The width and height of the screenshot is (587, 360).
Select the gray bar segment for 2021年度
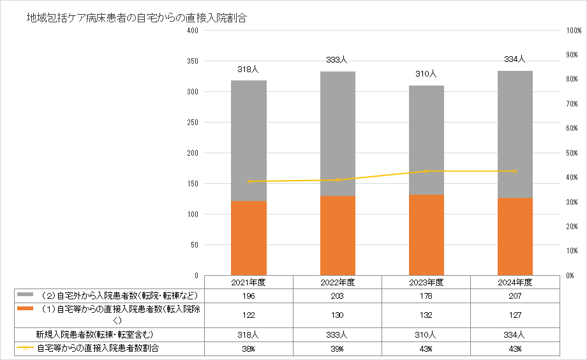pyautogui.click(x=249, y=140)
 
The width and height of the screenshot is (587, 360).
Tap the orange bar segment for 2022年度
pyautogui.click(x=338, y=236)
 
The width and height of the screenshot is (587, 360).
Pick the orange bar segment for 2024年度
pyautogui.click(x=515, y=236)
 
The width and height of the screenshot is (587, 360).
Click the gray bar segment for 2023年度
pyautogui.click(x=426, y=140)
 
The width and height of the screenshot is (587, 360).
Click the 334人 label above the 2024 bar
pyautogui.click(x=514, y=59)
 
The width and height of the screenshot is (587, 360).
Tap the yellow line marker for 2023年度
pyautogui.click(x=426, y=171)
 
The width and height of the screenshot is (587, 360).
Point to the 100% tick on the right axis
pyautogui.click(x=572, y=31)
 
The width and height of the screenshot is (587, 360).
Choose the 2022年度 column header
pyautogui.click(x=338, y=282)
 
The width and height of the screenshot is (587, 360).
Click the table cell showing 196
pyautogui.click(x=249, y=296)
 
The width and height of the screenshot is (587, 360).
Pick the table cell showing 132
pyautogui.click(x=426, y=315)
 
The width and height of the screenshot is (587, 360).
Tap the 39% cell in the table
pyautogui.click(x=338, y=349)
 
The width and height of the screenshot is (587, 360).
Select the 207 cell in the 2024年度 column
pyautogui.click(x=515, y=296)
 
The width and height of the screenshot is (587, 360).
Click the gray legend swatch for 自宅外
pyautogui.click(x=25, y=295)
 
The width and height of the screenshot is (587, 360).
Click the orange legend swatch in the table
pyautogui.click(x=25, y=308)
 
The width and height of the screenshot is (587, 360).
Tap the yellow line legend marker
pyautogui.click(x=25, y=348)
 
